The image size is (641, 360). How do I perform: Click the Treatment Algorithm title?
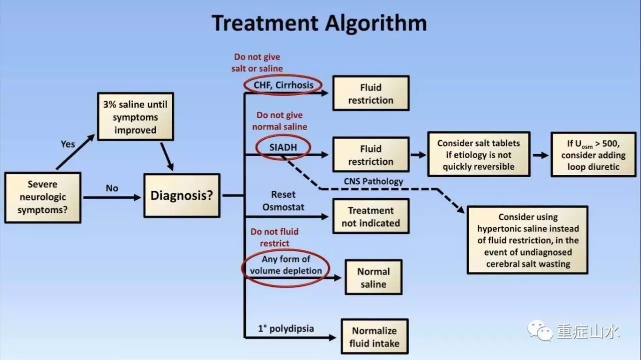(x=319, y=23)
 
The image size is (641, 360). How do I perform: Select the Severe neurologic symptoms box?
(x=43, y=197)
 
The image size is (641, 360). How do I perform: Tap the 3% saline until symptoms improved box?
(x=135, y=117)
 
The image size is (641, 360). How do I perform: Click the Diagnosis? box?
(x=181, y=195)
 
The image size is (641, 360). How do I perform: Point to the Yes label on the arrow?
(x=68, y=144)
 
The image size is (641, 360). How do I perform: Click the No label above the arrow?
(x=112, y=188)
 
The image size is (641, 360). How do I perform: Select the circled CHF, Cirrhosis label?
(x=283, y=85)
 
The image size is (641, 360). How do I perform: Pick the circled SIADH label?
(x=283, y=147)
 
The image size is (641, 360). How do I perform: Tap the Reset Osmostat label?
(x=283, y=200)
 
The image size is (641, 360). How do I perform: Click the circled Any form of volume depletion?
(x=286, y=265)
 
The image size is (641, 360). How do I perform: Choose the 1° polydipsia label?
(x=286, y=328)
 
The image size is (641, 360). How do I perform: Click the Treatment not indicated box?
(x=371, y=216)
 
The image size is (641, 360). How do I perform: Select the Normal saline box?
(x=373, y=277)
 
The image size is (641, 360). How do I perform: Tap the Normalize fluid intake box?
(x=374, y=336)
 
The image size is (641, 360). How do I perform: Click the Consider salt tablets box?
(x=478, y=154)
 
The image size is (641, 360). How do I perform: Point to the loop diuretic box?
(x=593, y=154)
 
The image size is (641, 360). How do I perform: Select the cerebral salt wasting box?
(x=527, y=240)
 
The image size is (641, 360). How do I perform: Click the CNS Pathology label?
(x=373, y=181)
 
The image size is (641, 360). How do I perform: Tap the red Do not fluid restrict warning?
(x=274, y=237)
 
